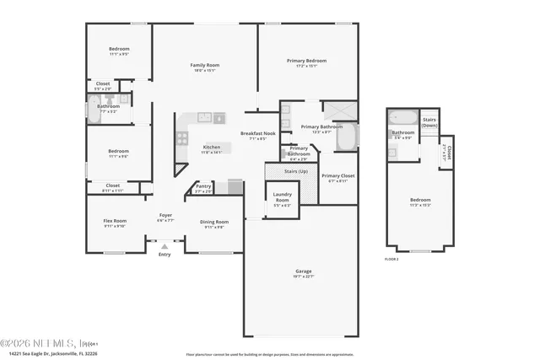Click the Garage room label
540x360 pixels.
click(304, 271)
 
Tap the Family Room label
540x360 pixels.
click(204, 65)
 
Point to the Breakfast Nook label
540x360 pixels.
click(258, 133)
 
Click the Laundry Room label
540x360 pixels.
click(282, 197)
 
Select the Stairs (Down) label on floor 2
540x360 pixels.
click(429, 122)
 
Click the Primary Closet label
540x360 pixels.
click(337, 175)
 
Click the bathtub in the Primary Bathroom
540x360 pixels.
click(346, 137)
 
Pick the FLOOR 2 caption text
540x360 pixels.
click(392, 258)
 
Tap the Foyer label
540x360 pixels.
click(166, 216)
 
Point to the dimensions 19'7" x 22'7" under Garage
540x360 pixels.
click(304, 277)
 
